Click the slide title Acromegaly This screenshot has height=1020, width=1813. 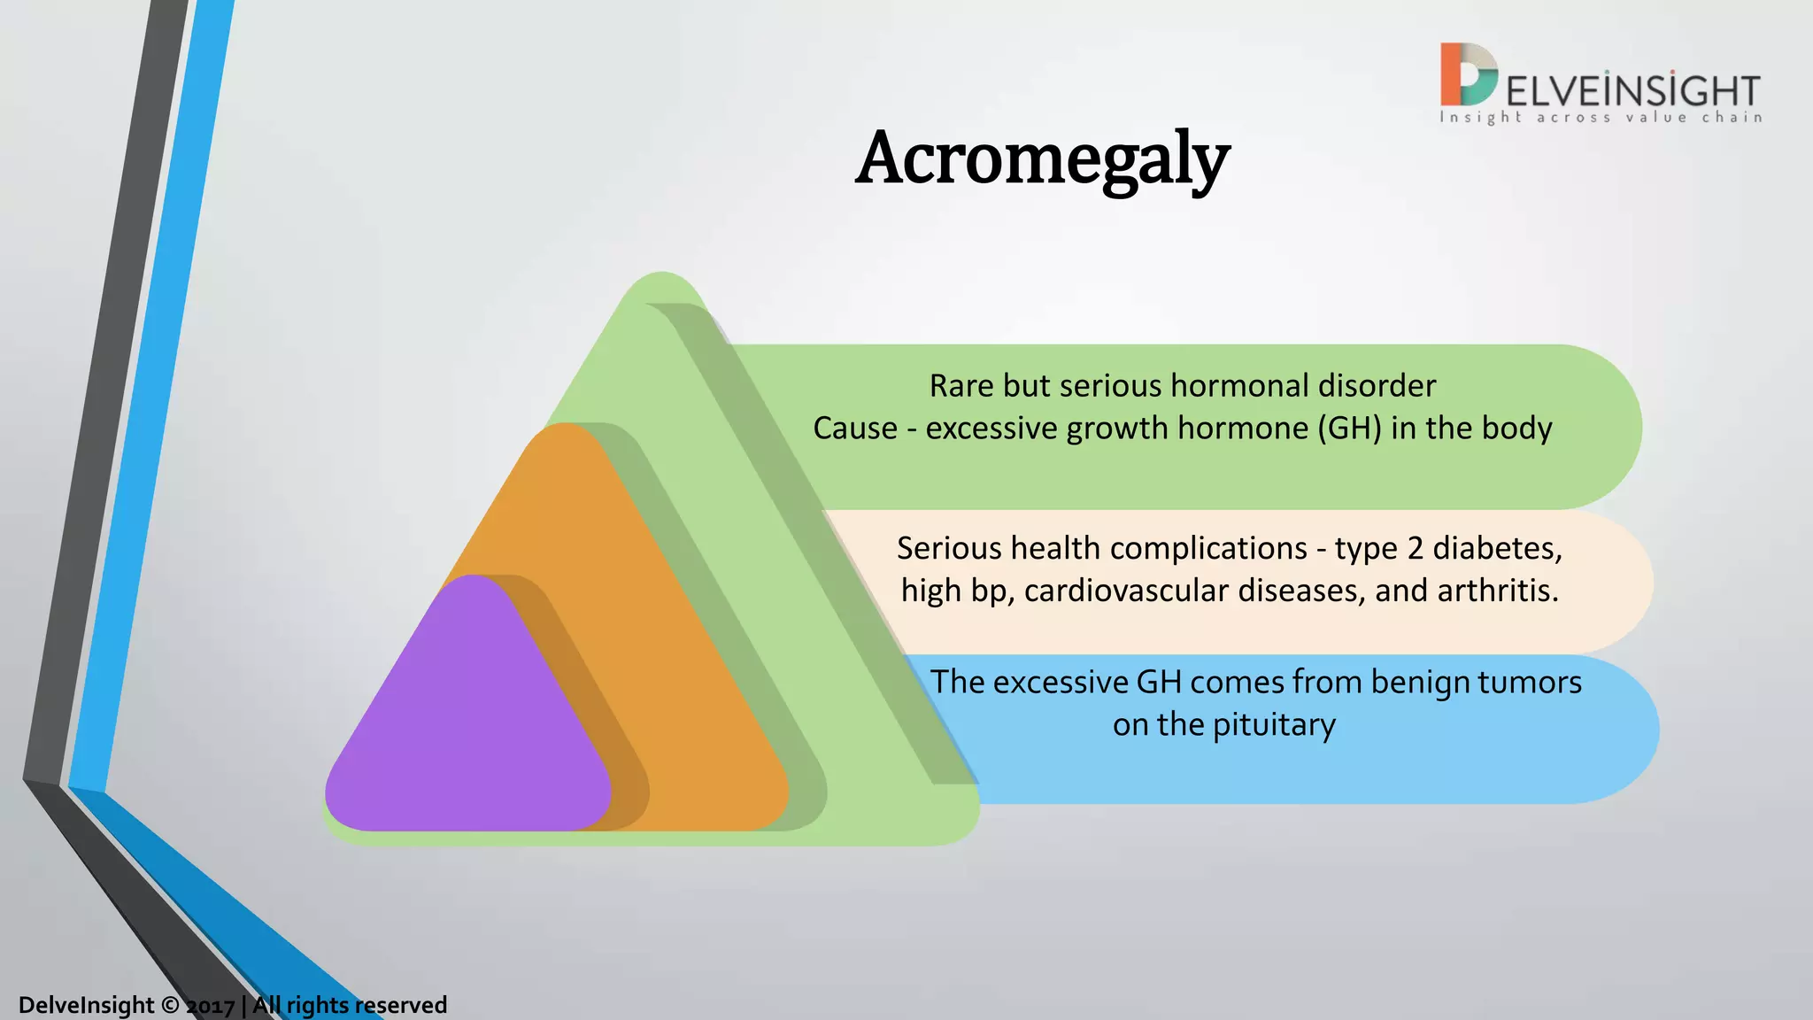click(1042, 159)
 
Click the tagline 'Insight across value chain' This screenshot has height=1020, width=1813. click(1601, 118)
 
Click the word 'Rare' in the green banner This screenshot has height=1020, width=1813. click(961, 386)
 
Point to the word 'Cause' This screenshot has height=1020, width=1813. click(855, 429)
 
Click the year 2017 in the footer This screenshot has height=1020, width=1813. click(211, 1006)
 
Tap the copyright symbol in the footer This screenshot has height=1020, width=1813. click(170, 1006)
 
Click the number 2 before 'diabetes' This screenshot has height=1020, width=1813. click(1415, 549)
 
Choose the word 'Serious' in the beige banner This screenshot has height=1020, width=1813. click(949, 549)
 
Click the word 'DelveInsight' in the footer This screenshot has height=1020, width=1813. click(87, 1006)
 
